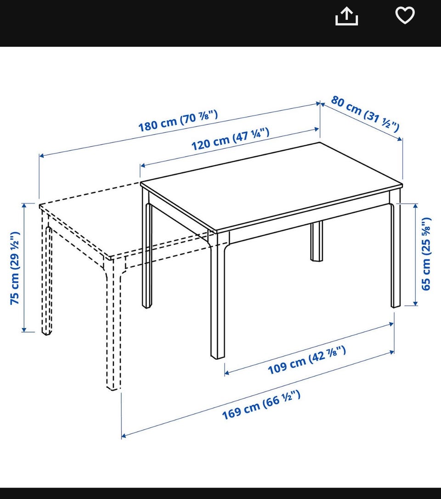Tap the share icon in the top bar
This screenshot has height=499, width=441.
click(x=346, y=17)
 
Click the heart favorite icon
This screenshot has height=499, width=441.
click(x=405, y=15)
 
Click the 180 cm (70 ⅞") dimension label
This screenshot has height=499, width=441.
click(x=178, y=120)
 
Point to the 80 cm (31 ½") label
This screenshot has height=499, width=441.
click(x=365, y=113)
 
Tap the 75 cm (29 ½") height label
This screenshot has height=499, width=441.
click(x=15, y=268)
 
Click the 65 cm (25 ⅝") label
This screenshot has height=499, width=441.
click(x=426, y=254)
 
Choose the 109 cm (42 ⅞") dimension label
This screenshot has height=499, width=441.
click(x=307, y=360)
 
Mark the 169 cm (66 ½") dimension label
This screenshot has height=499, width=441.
click(x=261, y=405)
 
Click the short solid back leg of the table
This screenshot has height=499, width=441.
click(x=317, y=241)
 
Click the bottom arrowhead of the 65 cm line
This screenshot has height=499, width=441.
click(x=415, y=303)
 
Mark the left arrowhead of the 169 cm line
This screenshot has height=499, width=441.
click(x=124, y=436)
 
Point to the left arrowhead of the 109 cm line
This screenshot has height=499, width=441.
click(x=227, y=373)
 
